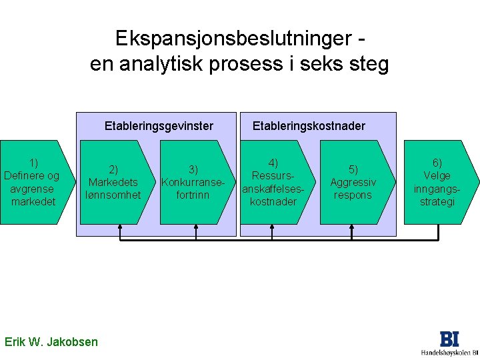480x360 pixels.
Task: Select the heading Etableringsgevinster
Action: (x=159, y=125)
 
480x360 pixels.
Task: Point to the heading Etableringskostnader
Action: (x=309, y=125)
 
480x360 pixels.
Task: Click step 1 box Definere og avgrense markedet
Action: (x=32, y=181)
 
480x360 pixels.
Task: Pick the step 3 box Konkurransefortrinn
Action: (x=193, y=182)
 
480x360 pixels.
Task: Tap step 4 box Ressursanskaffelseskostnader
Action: (x=273, y=182)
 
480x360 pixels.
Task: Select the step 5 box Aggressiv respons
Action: (x=354, y=182)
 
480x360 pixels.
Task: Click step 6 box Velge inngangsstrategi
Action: (x=437, y=182)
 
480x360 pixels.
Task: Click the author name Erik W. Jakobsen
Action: (x=51, y=342)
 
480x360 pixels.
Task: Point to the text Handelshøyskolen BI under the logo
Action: (x=449, y=352)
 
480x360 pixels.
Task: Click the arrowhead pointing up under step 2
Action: (x=120, y=229)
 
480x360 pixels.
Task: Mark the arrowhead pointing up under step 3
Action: (x=195, y=229)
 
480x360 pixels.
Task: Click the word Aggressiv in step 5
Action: (x=353, y=182)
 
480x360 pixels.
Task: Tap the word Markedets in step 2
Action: (x=113, y=182)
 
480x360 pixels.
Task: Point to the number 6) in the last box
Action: (x=437, y=163)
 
